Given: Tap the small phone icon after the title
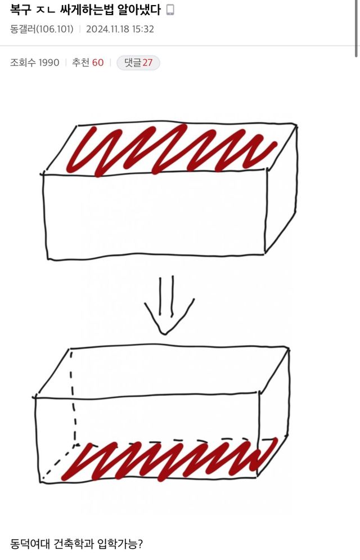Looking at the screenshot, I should [170, 10].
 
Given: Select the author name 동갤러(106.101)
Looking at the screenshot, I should [42, 29].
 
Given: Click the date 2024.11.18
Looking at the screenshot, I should [110, 29].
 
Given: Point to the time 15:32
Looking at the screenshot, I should [144, 29].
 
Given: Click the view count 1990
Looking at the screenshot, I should [48, 62].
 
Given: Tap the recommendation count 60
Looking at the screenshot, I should [98, 62].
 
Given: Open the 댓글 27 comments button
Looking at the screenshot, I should [138, 62].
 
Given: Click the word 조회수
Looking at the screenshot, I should [22, 62].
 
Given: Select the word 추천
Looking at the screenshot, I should [80, 62].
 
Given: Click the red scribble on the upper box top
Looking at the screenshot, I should [169, 149].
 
